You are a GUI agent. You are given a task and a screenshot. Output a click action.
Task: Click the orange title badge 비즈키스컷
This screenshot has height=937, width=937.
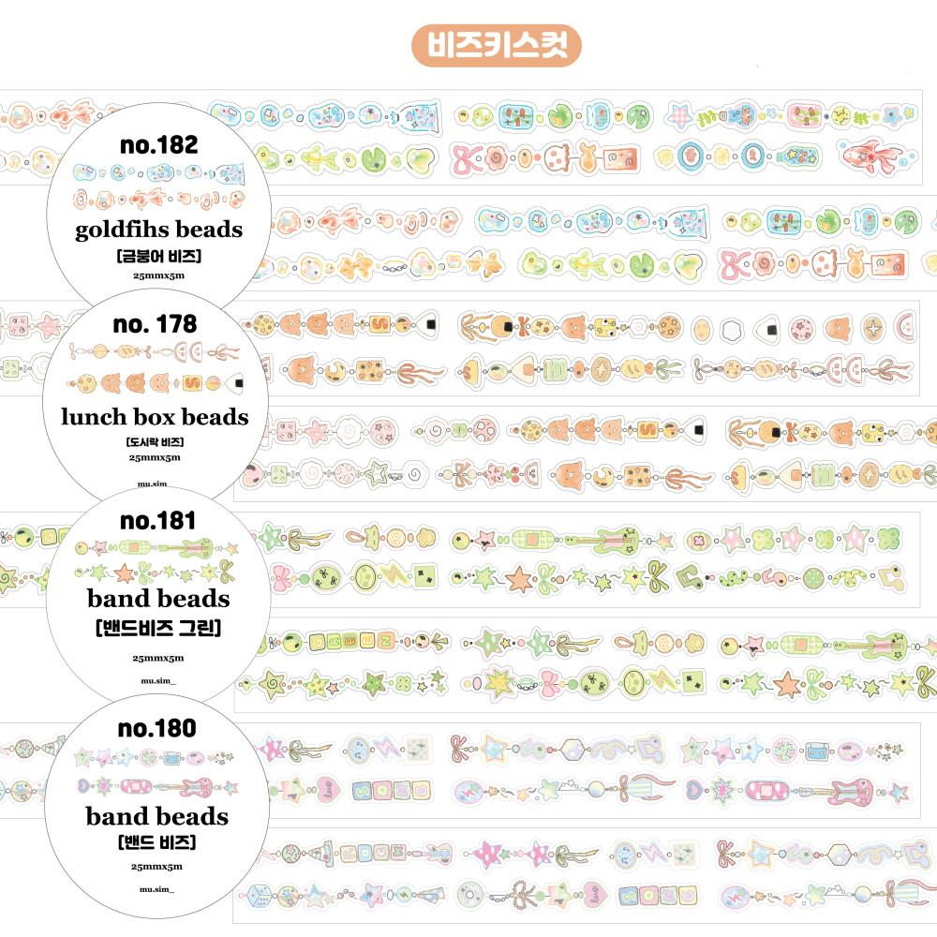click(x=497, y=44)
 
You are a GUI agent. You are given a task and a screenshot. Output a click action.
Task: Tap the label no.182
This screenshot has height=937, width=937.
click(x=159, y=145)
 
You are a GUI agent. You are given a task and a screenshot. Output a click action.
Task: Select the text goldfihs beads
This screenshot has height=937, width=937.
click(x=158, y=230)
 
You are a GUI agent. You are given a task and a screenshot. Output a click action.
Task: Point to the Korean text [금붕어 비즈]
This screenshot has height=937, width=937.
click(x=158, y=256)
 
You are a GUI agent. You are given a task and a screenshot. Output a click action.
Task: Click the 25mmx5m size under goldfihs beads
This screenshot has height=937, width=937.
click(x=158, y=276)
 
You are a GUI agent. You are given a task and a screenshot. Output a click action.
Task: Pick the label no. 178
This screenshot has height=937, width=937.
click(x=155, y=324)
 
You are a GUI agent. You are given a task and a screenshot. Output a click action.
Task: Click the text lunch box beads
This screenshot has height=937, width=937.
click(x=156, y=417)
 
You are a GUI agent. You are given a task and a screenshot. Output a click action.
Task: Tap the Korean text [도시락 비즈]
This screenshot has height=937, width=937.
click(x=155, y=441)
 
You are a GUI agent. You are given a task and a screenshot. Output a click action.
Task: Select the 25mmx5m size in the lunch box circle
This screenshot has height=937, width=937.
click(x=155, y=458)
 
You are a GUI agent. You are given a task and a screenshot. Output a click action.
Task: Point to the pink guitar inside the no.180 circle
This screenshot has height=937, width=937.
click(x=197, y=785)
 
